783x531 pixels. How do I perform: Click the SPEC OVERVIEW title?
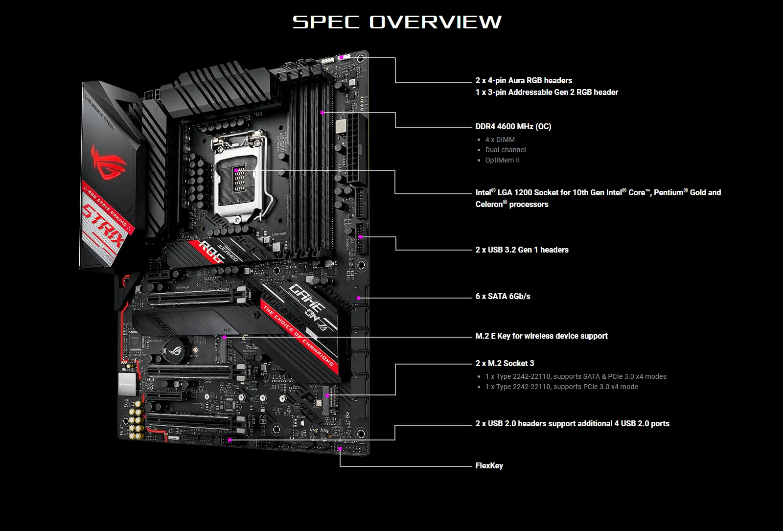397,22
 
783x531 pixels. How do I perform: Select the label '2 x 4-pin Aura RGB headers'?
524,80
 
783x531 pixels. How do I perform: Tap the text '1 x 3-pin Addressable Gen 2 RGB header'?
547,92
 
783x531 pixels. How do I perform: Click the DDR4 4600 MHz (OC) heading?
513,126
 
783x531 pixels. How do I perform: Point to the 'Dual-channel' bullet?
506,150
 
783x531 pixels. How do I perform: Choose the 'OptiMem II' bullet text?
502,160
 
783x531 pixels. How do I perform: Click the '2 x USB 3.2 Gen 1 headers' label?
522,250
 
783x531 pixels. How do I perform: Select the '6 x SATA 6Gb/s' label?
503,296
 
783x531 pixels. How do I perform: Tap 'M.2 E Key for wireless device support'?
541,336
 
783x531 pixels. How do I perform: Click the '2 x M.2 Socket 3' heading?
505,363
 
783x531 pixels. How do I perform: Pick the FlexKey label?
489,465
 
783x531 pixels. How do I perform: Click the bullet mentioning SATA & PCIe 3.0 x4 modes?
576,376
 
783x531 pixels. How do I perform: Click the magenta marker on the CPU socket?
236,170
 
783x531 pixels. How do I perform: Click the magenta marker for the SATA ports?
359,298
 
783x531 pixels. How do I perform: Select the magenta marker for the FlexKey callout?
340,448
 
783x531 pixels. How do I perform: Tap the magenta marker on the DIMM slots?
322,113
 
